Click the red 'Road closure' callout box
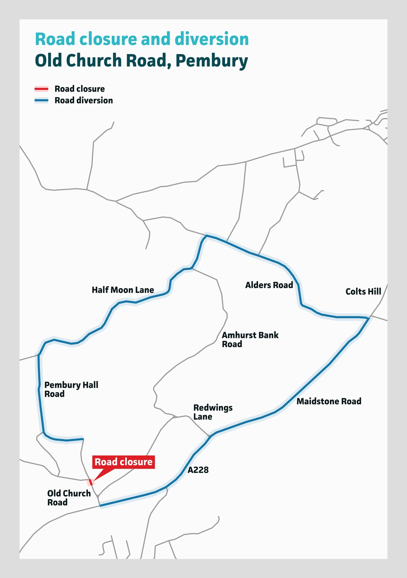coord(123,462)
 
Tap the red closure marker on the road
coord(91,482)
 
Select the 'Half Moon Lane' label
coord(123,290)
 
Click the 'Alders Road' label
coord(269,285)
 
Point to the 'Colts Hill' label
coord(363,292)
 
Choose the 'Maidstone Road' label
coord(329,401)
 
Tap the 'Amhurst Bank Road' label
coord(250,340)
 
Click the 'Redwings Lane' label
coord(213,412)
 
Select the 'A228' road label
coord(198,470)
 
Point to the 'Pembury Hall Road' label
coord(71,389)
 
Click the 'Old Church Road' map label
coord(69,498)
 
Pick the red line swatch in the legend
coord(41,89)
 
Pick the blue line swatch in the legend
coord(41,101)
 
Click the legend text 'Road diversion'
coord(84,101)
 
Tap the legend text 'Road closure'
coord(80,89)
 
